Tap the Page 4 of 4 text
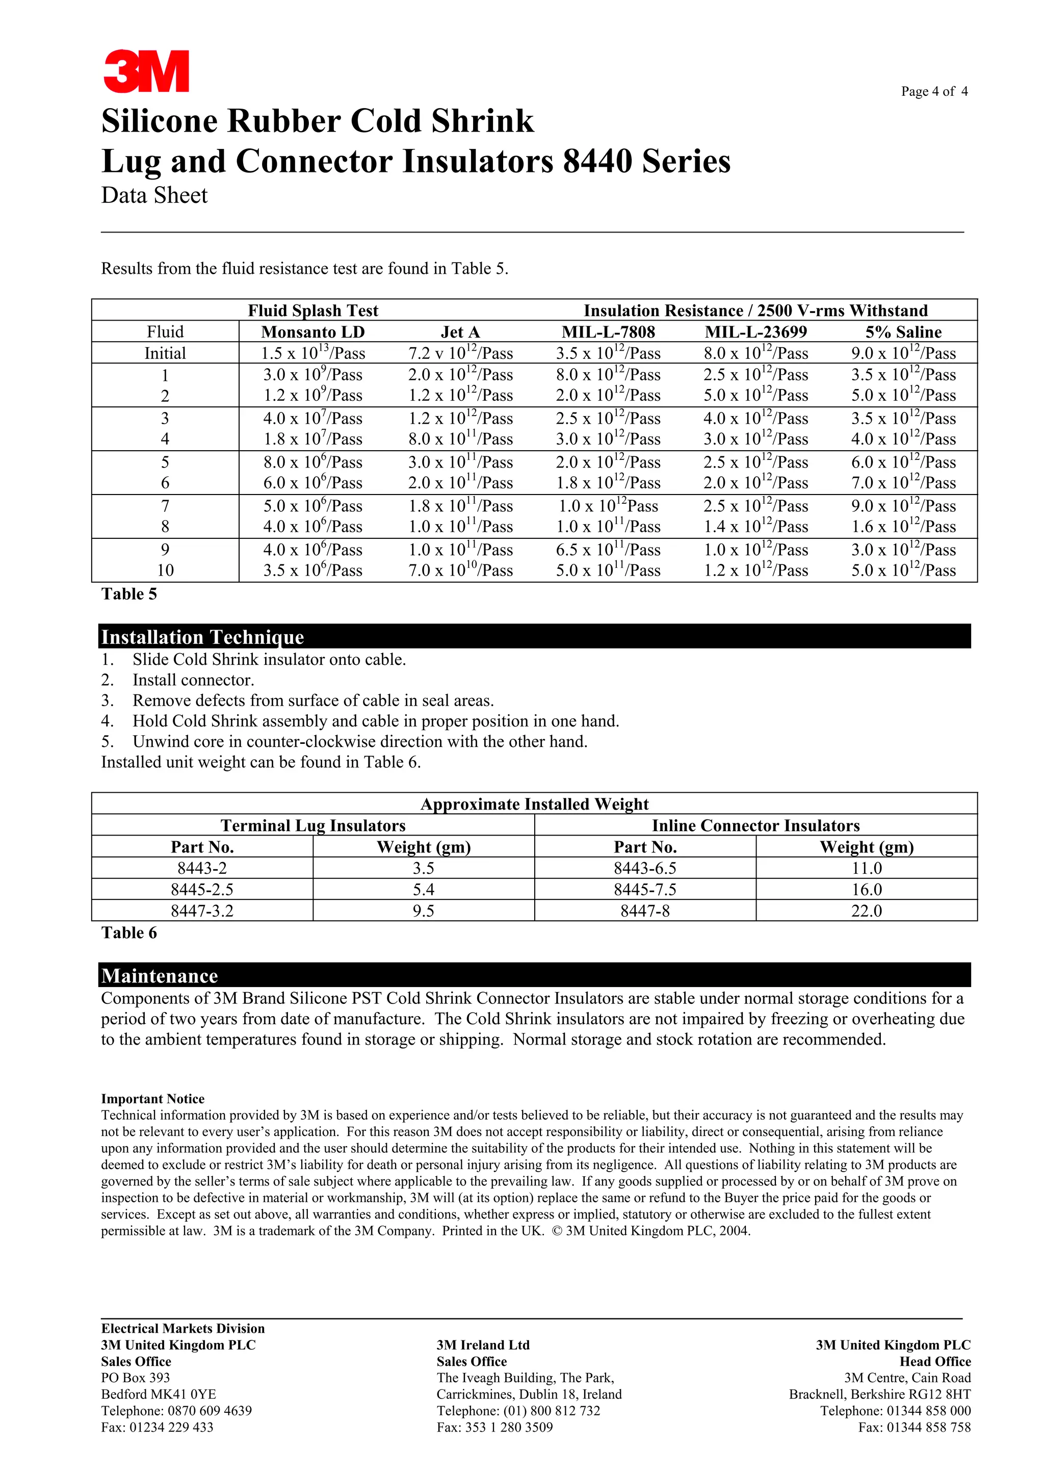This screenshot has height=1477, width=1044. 933,91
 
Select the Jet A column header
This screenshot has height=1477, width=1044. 460,332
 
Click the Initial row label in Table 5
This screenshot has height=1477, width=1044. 165,353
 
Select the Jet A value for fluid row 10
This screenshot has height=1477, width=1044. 460,571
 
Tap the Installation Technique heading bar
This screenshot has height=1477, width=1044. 534,636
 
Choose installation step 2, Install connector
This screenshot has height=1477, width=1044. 193,680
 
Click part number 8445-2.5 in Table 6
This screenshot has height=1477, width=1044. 202,890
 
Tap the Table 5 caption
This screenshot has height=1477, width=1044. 128,594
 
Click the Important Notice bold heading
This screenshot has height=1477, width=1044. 152,1099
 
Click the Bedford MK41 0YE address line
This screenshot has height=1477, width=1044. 158,1394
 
